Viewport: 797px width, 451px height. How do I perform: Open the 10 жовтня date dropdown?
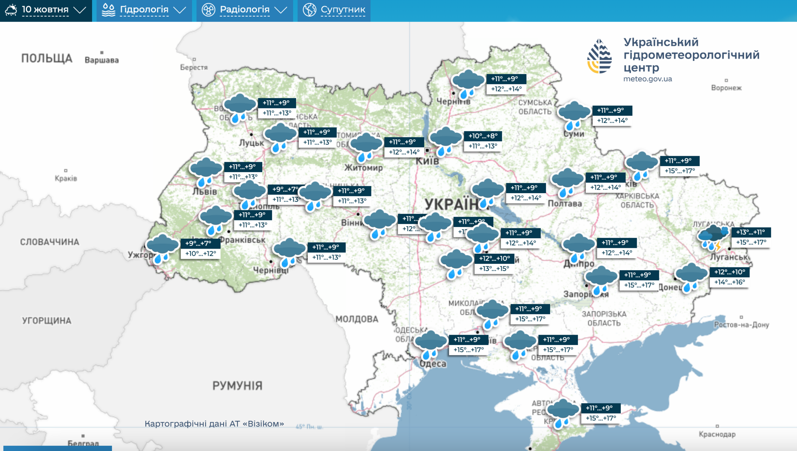pyautogui.click(x=46, y=10)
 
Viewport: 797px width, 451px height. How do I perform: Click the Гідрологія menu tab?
pyautogui.click(x=144, y=10)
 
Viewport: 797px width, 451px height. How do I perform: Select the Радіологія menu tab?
pyautogui.click(x=244, y=10)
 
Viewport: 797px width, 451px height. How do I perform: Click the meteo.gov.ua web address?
pyautogui.click(x=648, y=79)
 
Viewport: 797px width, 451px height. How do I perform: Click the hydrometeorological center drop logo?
pyautogui.click(x=599, y=56)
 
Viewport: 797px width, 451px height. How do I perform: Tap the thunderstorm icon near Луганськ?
pyautogui.click(x=713, y=238)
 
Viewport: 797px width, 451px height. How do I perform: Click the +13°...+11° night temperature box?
pyautogui.click(x=750, y=232)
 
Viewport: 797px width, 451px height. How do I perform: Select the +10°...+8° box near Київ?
pyautogui.click(x=483, y=136)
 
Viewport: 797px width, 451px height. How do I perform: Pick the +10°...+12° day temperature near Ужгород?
pyautogui.click(x=200, y=253)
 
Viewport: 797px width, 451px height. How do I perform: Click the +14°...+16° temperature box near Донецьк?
pyautogui.click(x=729, y=282)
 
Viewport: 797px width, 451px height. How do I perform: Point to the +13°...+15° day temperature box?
pyautogui.click(x=494, y=269)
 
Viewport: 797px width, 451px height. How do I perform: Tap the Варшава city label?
pyautogui.click(x=102, y=60)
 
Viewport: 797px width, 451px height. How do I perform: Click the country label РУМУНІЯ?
pyautogui.click(x=237, y=386)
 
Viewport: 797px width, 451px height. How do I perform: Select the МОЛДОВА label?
pyautogui.click(x=357, y=319)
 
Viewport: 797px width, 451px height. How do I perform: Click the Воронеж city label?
pyautogui.click(x=726, y=88)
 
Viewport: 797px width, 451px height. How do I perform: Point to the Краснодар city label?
pyautogui.click(x=717, y=434)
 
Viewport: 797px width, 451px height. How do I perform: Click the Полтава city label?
pyautogui.click(x=565, y=204)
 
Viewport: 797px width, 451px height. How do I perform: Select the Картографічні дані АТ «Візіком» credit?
pyautogui.click(x=214, y=424)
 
